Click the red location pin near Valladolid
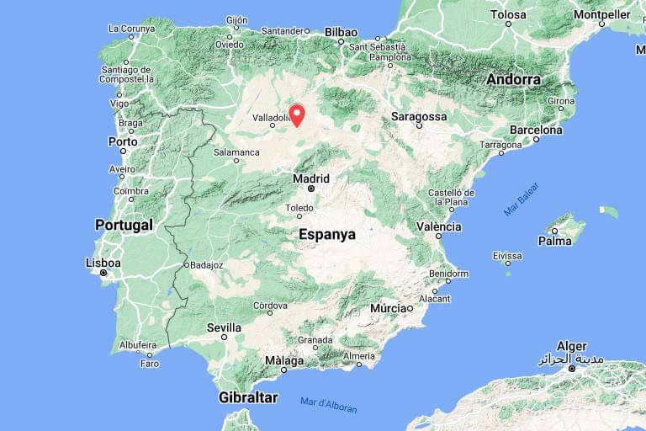tap(297, 114)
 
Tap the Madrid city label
tap(310, 178)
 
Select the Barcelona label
tap(535, 130)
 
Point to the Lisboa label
tap(103, 263)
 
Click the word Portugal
tap(124, 225)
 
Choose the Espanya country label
tap(327, 235)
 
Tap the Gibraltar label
tap(248, 396)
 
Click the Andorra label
tap(513, 79)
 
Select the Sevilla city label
tap(224, 327)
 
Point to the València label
tap(439, 226)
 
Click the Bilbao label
tap(341, 32)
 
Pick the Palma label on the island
tap(555, 241)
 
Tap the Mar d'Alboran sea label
tap(329, 405)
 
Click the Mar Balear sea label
tap(522, 200)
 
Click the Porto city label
tap(123, 141)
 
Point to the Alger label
tap(572, 346)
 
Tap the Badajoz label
tap(206, 264)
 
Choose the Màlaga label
tap(283, 359)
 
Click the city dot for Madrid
tap(310, 189)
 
